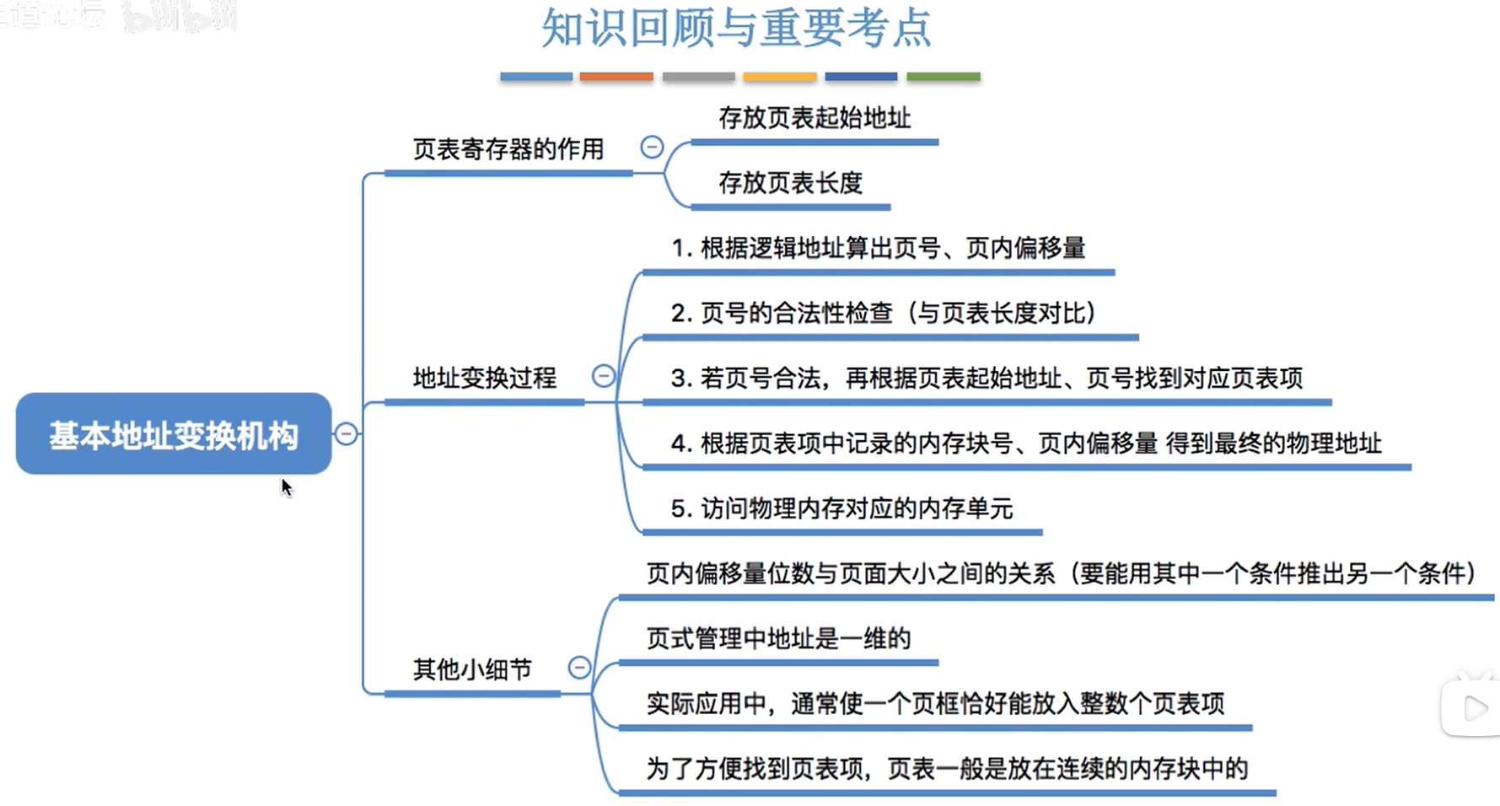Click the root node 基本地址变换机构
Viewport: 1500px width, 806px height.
point(173,434)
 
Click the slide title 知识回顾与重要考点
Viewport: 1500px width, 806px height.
point(735,29)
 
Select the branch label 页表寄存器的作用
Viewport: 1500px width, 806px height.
point(508,149)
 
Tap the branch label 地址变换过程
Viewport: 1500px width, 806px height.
point(484,378)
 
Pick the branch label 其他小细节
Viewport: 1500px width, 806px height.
point(472,669)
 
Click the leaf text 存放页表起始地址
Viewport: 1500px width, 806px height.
point(815,118)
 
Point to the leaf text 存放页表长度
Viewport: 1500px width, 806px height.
point(790,183)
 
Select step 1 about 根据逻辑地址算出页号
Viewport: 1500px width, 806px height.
point(878,248)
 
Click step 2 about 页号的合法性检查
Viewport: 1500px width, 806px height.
point(884,313)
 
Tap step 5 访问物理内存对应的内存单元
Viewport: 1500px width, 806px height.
point(841,508)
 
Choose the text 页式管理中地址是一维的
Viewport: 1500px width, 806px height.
point(778,638)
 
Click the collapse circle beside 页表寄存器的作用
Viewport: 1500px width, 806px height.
point(652,148)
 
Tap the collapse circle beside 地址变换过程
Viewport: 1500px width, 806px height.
point(604,376)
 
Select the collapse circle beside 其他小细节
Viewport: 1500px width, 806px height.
point(579,668)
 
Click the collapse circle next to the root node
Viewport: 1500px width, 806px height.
point(346,434)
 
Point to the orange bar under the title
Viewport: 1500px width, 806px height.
point(616,77)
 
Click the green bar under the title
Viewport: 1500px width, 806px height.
point(943,77)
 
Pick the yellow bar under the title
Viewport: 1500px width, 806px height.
point(779,77)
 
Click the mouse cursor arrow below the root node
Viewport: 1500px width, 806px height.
point(287,487)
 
